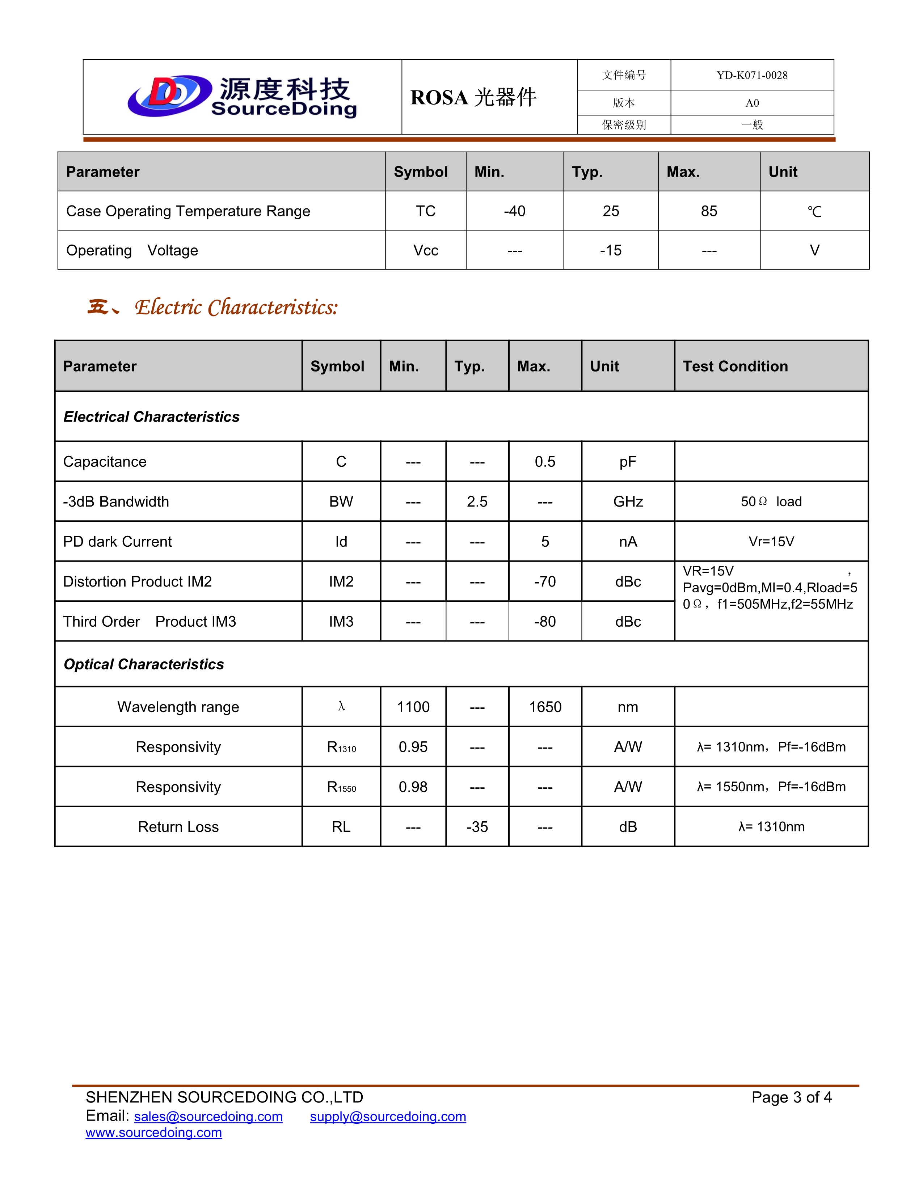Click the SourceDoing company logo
pyautogui.click(x=242, y=96)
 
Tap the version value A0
pyautogui.click(x=752, y=103)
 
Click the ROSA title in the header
pyautogui.click(x=473, y=97)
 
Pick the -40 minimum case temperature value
pyautogui.click(x=515, y=211)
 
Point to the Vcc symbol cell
pyautogui.click(x=425, y=250)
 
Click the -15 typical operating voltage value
pyautogui.click(x=610, y=250)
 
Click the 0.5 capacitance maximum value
pyautogui.click(x=545, y=462)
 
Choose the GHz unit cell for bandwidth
pyautogui.click(x=628, y=502)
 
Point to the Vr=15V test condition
pyautogui.click(x=771, y=542)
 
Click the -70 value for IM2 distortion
pyautogui.click(x=545, y=582)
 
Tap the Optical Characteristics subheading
pyautogui.click(x=144, y=664)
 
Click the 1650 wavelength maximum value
pyautogui.click(x=545, y=707)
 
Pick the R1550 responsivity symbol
pyautogui.click(x=341, y=787)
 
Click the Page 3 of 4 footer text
pyautogui.click(x=791, y=1097)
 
